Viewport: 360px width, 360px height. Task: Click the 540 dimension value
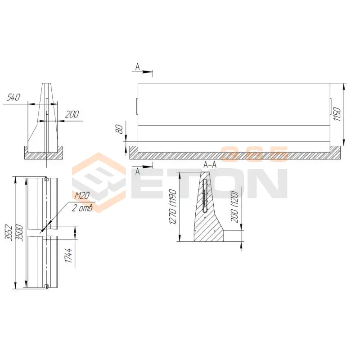click(13, 97)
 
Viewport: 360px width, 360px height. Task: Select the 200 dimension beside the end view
click(72, 114)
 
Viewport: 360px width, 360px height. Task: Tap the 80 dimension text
click(119, 130)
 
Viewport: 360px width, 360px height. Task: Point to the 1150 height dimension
click(337, 114)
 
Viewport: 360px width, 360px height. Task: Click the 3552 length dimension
click(9, 232)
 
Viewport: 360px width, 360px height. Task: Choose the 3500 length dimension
click(19, 233)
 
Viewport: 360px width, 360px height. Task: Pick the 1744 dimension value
click(68, 255)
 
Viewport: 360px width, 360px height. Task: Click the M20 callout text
click(82, 196)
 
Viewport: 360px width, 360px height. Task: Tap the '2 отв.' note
click(82, 208)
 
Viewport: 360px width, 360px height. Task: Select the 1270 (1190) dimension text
click(173, 207)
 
